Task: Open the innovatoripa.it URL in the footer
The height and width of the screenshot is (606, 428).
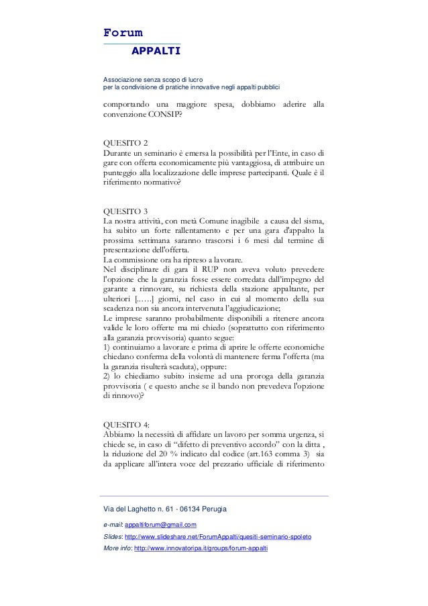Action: [x=201, y=549]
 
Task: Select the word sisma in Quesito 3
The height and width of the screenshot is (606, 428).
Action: [x=314, y=222]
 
